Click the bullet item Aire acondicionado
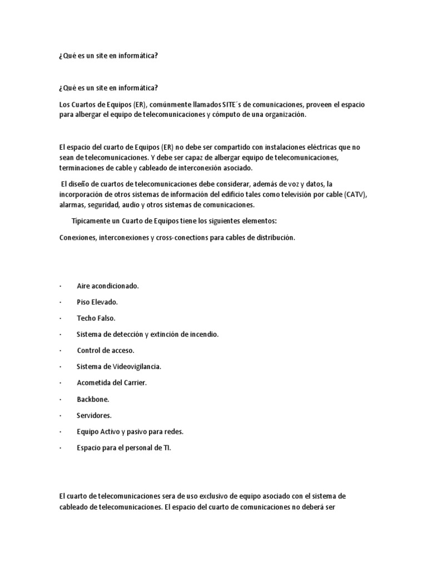(x=107, y=286)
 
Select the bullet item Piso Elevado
(x=97, y=302)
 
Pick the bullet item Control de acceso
(x=106, y=350)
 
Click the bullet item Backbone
(x=93, y=399)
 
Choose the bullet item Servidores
(x=94, y=415)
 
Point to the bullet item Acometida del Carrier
(x=111, y=383)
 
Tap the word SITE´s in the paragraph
(x=213, y=105)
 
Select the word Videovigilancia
(x=136, y=366)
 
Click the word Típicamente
(x=92, y=221)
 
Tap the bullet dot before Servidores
(x=59, y=416)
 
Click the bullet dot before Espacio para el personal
(x=59, y=448)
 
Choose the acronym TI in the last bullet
(x=166, y=448)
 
